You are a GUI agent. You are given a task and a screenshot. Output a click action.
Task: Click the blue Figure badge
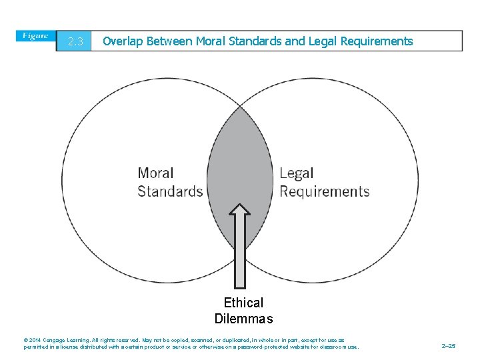point(37,36)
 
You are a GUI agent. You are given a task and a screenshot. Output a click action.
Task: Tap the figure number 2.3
point(75,42)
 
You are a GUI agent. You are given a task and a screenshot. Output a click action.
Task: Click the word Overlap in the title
point(123,41)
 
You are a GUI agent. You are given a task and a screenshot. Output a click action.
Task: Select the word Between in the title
point(169,41)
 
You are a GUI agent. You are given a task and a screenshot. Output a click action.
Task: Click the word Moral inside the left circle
point(155,173)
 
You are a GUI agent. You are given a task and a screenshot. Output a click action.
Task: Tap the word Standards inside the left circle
point(170,192)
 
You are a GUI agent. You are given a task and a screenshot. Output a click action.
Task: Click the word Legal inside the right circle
point(297,173)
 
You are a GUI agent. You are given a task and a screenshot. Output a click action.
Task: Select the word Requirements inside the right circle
point(324,192)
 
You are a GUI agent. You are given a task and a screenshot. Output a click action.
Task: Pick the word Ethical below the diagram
point(243,303)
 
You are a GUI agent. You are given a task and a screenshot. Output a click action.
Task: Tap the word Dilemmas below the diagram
point(243,319)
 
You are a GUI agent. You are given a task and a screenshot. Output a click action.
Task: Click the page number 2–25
point(449,347)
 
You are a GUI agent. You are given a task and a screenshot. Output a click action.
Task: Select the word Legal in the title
point(323,41)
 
